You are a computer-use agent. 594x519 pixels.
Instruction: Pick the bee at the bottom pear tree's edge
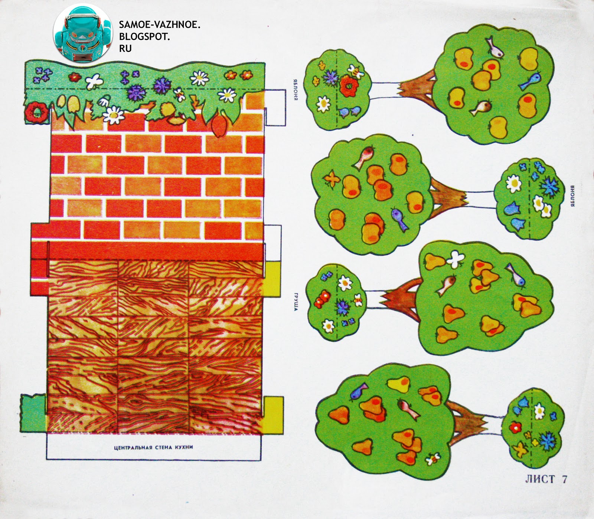pos(433,459)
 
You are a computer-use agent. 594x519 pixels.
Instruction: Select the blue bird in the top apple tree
pos(530,82)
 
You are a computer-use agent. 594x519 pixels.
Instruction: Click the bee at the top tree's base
pos(356,71)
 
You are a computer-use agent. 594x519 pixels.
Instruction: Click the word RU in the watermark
pos(125,48)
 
